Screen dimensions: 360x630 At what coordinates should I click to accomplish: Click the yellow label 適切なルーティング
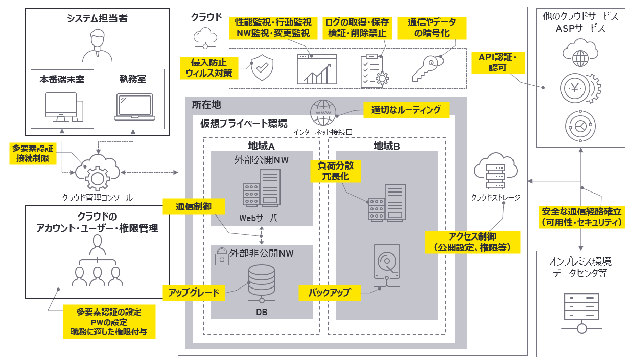click(406, 110)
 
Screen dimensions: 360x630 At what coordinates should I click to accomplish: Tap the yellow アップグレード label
click(194, 293)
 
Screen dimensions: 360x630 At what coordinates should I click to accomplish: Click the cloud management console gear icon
click(96, 173)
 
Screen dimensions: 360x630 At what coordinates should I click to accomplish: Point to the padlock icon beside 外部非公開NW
click(221, 255)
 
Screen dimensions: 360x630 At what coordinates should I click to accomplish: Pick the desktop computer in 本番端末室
click(64, 107)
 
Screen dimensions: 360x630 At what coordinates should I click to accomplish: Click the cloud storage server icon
click(495, 171)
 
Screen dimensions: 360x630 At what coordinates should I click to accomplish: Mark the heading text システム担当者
click(97, 19)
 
